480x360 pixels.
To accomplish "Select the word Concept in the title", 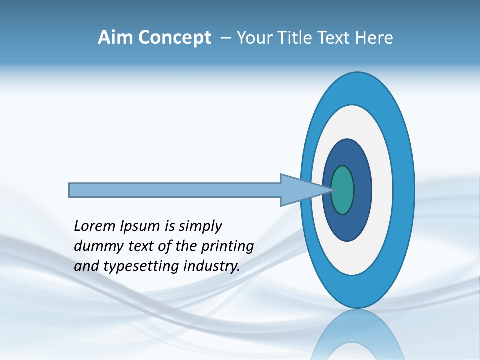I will [174, 38].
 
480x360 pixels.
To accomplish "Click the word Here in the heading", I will [374, 38].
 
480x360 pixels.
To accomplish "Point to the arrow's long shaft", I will [175, 190].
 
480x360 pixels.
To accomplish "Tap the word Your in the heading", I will [253, 38].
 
